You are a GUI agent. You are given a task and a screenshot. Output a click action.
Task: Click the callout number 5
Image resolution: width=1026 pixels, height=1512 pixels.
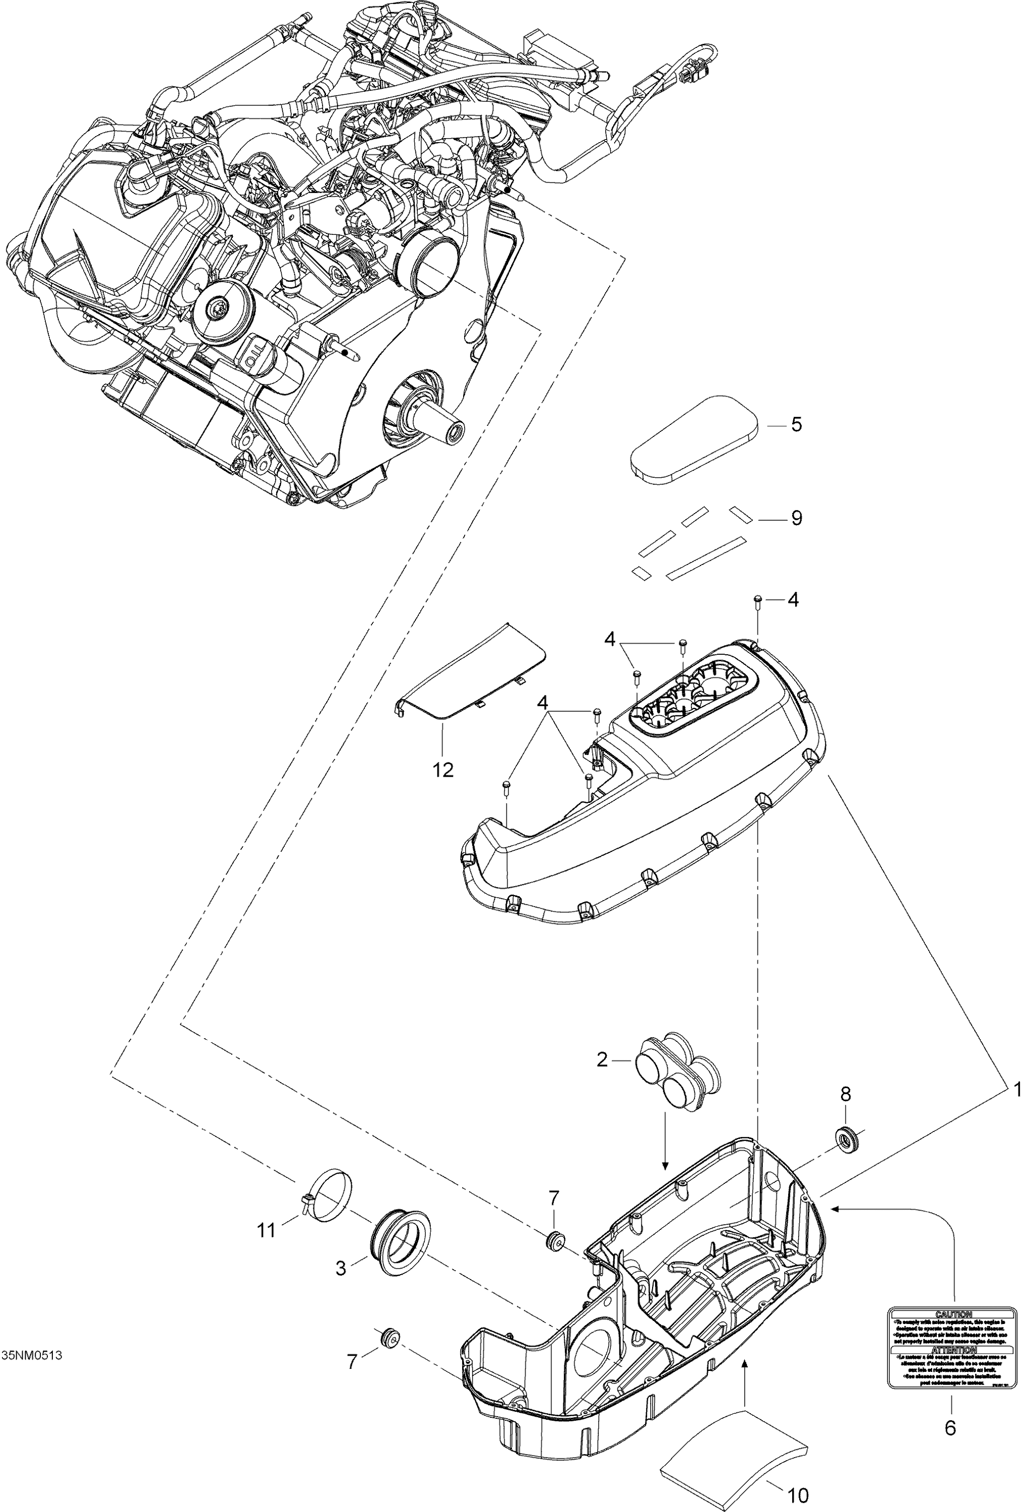point(796,425)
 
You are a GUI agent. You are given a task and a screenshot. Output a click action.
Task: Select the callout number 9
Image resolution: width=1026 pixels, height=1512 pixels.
point(796,518)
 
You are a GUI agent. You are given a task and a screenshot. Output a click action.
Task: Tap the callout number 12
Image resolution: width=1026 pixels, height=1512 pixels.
point(442,770)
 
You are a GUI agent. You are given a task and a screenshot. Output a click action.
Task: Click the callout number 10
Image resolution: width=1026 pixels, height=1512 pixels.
point(798,1496)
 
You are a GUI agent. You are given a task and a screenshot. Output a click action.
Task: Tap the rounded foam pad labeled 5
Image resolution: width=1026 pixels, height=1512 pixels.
point(695,440)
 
